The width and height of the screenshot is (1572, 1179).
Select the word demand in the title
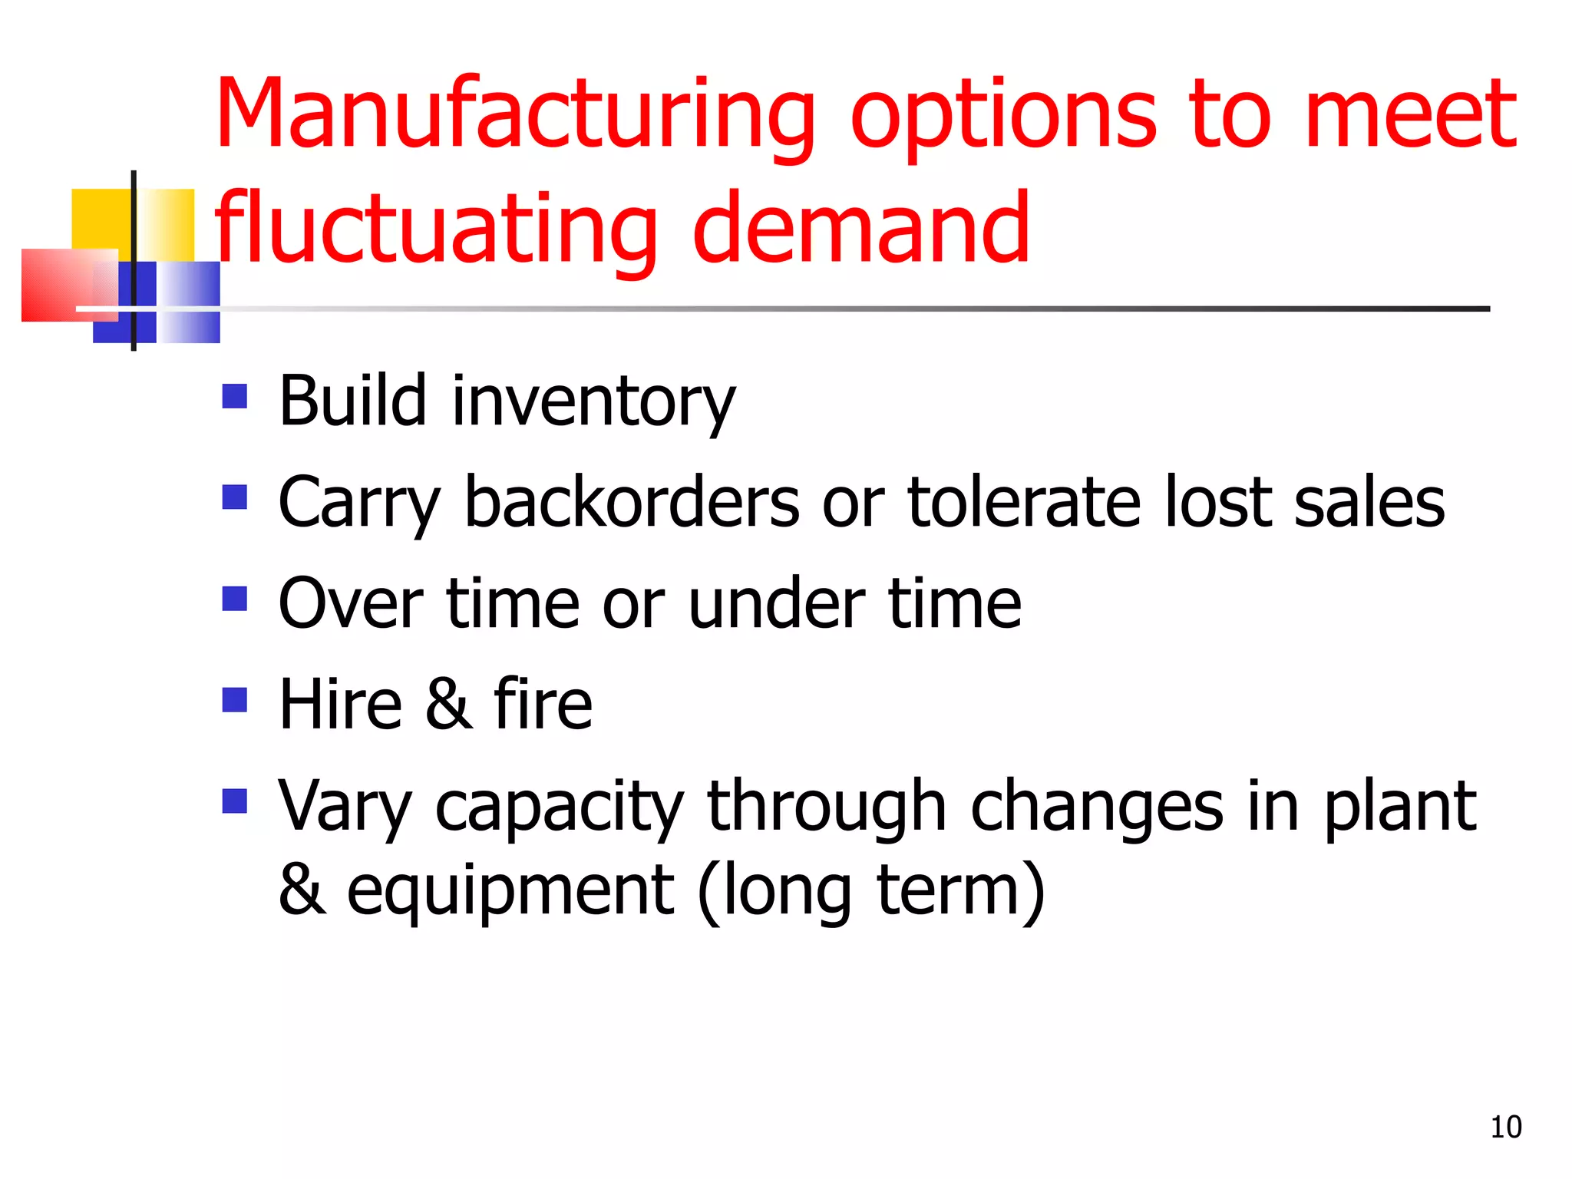pos(860,228)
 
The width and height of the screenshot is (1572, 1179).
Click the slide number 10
pos(1505,1127)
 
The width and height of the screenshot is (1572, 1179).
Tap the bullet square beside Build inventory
pos(234,396)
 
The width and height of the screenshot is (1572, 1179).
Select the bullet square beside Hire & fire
pos(234,699)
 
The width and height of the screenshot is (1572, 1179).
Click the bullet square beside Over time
pos(234,598)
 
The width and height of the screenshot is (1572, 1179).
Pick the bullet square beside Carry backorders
pos(234,497)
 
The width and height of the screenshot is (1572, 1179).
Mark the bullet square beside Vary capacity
pos(234,801)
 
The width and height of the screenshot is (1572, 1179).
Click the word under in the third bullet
pos(777,603)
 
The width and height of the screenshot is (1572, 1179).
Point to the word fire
pos(543,704)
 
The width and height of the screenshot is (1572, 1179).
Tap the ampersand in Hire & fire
pos(448,704)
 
